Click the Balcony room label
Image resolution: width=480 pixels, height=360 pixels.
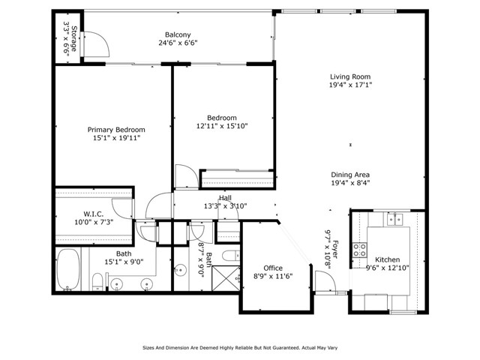click(x=178, y=34)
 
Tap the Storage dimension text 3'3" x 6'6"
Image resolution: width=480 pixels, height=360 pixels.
click(x=67, y=37)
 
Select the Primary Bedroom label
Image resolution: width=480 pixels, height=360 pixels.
click(x=116, y=130)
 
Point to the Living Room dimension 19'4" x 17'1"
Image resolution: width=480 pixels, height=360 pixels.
click(x=350, y=85)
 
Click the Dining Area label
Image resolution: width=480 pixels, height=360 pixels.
click(x=350, y=175)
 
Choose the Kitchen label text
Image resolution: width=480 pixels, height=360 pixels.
click(x=387, y=259)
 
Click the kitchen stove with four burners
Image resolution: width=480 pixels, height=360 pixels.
click(x=359, y=250)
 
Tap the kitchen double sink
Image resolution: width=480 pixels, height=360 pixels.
click(x=395, y=220)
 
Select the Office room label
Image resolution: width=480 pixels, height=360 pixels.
click(x=273, y=268)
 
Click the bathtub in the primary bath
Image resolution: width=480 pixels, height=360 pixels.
click(x=68, y=269)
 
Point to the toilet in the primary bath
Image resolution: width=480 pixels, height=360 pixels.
click(x=97, y=282)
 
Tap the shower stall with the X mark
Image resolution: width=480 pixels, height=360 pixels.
click(x=226, y=278)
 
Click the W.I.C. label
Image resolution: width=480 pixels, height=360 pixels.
click(x=93, y=214)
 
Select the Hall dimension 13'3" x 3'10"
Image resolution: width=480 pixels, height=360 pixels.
click(x=225, y=206)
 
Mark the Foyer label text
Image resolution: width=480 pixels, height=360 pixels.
click(x=334, y=249)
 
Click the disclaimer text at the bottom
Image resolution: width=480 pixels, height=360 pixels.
click(x=240, y=348)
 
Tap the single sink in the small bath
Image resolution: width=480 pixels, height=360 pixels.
click(x=180, y=270)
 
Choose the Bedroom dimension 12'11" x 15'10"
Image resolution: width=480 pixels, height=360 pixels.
click(x=222, y=126)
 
